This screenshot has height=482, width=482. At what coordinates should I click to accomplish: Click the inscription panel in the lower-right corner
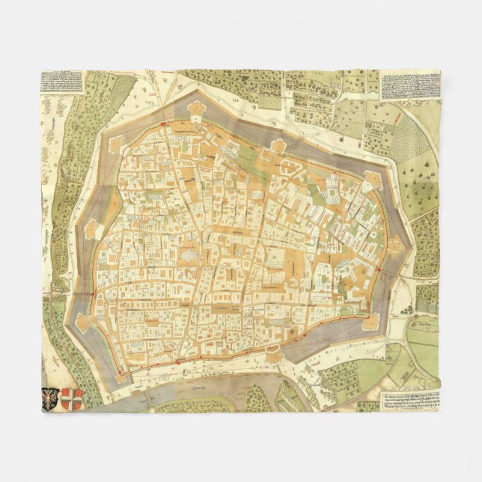click(x=409, y=398)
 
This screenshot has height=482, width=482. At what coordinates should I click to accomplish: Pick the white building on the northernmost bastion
click(x=197, y=110)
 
